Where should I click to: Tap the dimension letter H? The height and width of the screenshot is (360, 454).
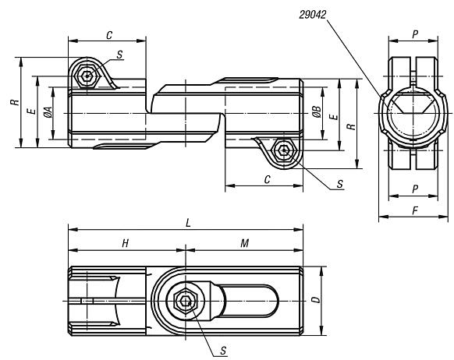[x=125, y=243]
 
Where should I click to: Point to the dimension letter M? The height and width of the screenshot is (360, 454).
[x=244, y=243]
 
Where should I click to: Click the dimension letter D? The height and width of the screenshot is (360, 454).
[x=315, y=298]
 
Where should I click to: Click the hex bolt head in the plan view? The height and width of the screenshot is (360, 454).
[x=184, y=300]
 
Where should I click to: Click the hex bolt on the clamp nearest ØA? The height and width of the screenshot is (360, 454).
[x=87, y=76]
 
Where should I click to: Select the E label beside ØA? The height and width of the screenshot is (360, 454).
[x=30, y=112]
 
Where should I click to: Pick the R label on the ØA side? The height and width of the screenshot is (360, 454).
[x=13, y=101]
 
